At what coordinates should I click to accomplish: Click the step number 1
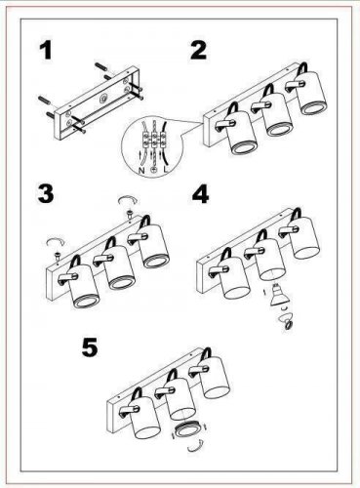(46, 52)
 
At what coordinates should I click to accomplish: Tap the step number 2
(199, 51)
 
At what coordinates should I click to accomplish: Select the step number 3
(46, 194)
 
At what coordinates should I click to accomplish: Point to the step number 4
(200, 194)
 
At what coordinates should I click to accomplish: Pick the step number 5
(90, 347)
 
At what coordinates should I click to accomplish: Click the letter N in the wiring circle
(141, 170)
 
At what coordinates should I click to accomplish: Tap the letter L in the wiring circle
(166, 170)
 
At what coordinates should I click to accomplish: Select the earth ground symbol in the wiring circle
(154, 170)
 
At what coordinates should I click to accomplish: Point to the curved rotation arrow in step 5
(196, 446)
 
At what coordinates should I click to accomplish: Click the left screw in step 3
(59, 257)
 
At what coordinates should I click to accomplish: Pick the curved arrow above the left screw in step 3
(56, 242)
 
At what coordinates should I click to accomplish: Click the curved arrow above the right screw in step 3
(128, 200)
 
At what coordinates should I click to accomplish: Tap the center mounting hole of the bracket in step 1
(104, 98)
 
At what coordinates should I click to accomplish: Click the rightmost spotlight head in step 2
(311, 93)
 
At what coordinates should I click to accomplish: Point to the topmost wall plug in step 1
(100, 67)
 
